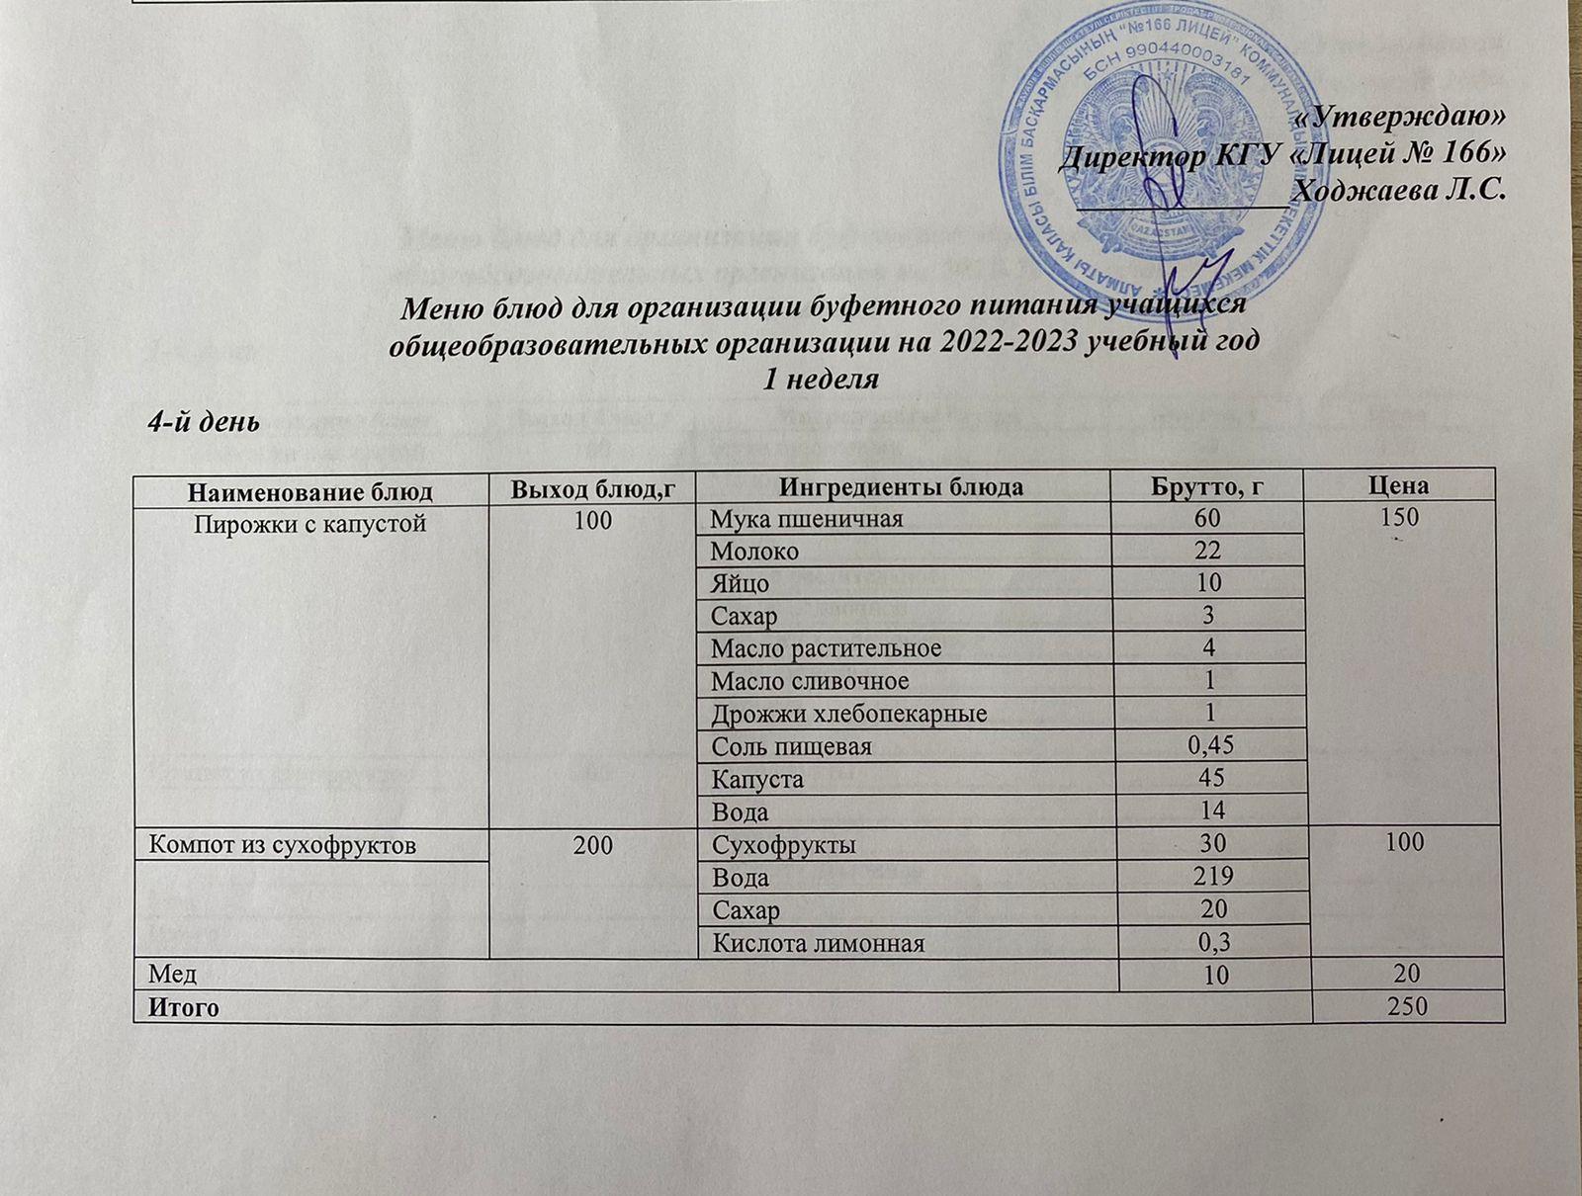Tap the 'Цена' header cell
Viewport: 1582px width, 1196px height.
click(x=1407, y=486)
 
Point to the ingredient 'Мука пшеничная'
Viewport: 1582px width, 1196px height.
click(x=806, y=518)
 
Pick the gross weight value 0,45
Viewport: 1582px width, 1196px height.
click(x=1208, y=746)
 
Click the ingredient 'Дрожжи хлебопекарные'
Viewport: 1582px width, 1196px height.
click(x=848, y=714)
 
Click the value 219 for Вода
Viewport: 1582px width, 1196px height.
click(x=1208, y=878)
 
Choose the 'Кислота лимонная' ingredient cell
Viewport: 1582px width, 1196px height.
click(x=819, y=943)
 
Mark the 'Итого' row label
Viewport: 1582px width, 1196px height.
click(x=183, y=1008)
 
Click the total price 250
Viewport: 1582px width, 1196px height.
click(x=1405, y=1007)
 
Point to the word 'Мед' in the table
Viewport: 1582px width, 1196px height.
click(x=172, y=975)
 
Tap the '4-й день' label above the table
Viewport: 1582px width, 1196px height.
click(x=203, y=422)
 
